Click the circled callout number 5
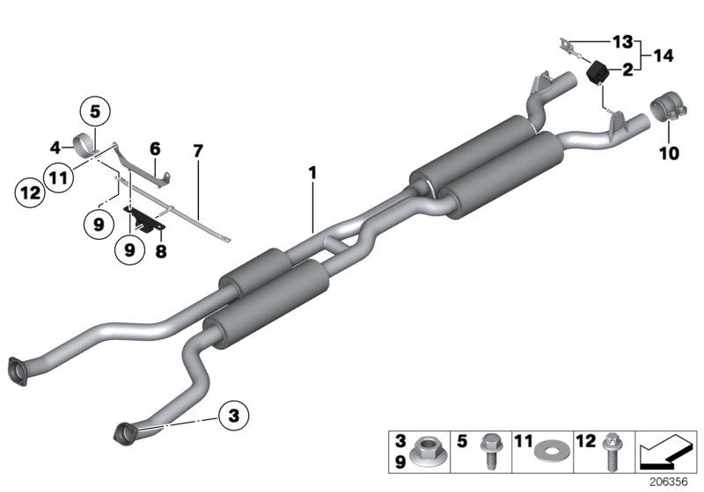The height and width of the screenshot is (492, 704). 94,112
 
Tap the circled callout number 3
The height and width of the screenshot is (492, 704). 234,415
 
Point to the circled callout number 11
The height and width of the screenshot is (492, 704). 59,179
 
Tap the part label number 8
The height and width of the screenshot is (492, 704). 159,250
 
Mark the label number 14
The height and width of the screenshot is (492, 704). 663,55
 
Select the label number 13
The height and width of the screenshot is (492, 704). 623,41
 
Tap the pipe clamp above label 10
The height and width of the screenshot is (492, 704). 665,112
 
